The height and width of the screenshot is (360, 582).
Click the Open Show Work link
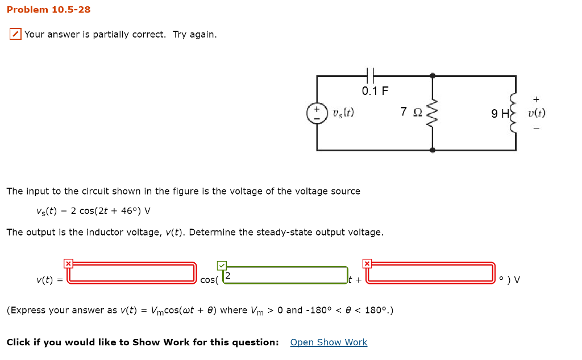coord(329,342)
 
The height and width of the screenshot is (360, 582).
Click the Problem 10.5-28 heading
coord(48,10)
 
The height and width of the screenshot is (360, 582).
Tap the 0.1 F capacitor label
coord(375,91)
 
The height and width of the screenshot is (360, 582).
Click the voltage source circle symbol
coord(317,113)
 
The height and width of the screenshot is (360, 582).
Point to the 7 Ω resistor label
coord(410,112)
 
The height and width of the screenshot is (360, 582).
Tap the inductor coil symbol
coord(515,113)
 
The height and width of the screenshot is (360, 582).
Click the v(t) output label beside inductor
coord(536,113)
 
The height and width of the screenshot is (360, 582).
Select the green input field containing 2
coord(284,275)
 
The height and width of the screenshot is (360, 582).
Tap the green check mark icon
coord(221,266)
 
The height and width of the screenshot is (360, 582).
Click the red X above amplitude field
coord(68,263)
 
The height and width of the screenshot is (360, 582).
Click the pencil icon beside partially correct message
coord(15,35)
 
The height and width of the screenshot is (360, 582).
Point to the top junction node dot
coord(433,75)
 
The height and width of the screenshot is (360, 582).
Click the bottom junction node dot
coord(433,150)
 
